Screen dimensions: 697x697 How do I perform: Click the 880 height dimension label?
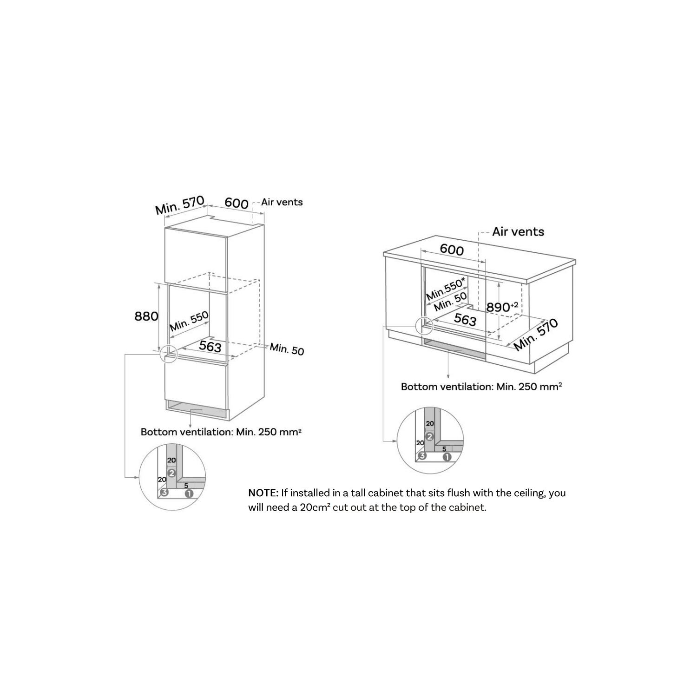(146, 316)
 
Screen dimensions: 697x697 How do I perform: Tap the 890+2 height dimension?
(502, 307)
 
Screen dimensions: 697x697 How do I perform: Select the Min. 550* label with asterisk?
(446, 289)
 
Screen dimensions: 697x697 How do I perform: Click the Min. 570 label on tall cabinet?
(180, 205)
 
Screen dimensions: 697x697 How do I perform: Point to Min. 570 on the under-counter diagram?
(536, 335)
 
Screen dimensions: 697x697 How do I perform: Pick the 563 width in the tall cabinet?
(210, 346)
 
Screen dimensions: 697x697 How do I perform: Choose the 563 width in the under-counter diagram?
(465, 320)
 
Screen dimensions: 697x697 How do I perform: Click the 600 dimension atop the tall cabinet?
(237, 203)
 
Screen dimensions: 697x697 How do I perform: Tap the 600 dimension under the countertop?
(452, 250)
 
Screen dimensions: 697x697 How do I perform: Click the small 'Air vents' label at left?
(282, 202)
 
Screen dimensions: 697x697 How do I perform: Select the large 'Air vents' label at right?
(518, 231)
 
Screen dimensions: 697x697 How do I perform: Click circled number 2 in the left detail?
(171, 473)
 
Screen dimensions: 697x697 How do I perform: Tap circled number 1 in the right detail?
(447, 456)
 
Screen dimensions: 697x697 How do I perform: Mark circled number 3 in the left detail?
(164, 493)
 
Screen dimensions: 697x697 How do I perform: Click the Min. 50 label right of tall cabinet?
(287, 348)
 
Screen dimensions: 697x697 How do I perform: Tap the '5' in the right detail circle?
(444, 449)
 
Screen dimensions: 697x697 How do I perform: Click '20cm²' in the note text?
(315, 507)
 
